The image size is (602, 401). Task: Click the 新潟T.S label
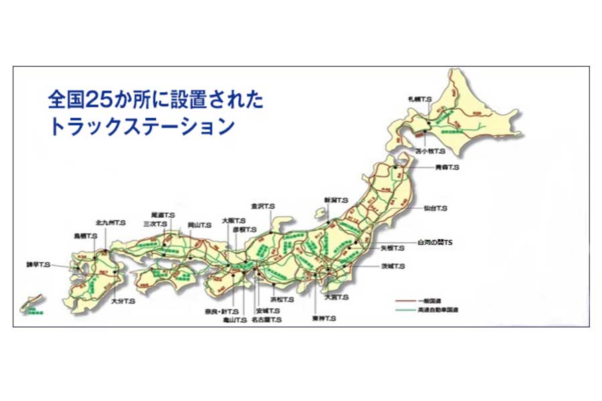point(336,200)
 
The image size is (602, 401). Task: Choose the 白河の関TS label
point(435,243)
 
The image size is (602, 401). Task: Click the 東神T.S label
point(323,319)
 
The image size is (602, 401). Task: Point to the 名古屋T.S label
point(267,320)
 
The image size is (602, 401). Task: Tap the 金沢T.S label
point(263,207)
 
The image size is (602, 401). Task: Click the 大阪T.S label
point(233,221)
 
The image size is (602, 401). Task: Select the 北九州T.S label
point(110,221)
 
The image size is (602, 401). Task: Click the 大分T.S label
point(123,301)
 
